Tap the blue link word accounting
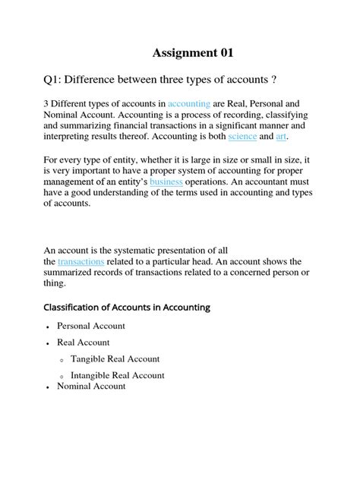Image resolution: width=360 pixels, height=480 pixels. [x=189, y=103]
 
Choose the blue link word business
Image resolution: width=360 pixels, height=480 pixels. [x=166, y=183]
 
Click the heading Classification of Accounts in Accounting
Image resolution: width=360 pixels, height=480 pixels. [x=129, y=308]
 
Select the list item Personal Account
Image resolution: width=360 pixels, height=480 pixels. [x=91, y=326]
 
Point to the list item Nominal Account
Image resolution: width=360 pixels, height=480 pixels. [x=91, y=386]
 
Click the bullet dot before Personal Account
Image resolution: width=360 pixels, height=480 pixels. [x=49, y=327]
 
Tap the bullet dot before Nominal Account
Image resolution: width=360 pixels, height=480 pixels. [x=49, y=387]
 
